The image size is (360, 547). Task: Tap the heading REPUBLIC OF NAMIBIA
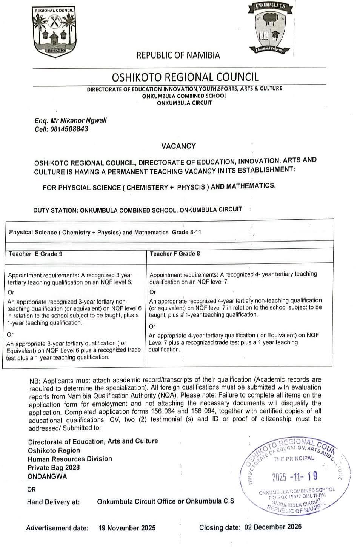pyautogui.click(x=178, y=55)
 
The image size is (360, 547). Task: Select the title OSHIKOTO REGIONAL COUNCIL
pyautogui.click(x=185, y=77)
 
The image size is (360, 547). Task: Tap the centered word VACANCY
pyautogui.click(x=178, y=146)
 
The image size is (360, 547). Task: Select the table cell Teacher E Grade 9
pyautogui.click(x=35, y=254)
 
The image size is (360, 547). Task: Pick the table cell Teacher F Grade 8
pyautogui.click(x=175, y=254)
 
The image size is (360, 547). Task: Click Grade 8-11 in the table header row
pyautogui.click(x=186, y=232)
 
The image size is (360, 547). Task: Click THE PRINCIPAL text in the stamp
pyautogui.click(x=294, y=458)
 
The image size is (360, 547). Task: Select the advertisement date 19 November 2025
pyautogui.click(x=127, y=528)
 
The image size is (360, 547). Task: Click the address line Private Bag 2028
pyautogui.click(x=54, y=467)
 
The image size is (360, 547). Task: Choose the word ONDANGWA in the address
pyautogui.click(x=47, y=476)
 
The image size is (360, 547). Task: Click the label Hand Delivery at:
pyautogui.click(x=53, y=502)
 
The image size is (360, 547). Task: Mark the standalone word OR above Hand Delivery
pyautogui.click(x=31, y=489)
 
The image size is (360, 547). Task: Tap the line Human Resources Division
pyautogui.click(x=70, y=459)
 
